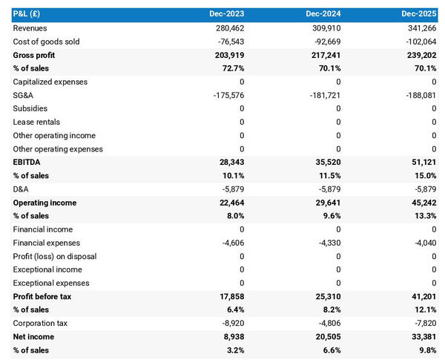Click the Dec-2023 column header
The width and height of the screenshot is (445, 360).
click(x=226, y=14)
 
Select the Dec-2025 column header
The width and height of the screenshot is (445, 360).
click(x=419, y=14)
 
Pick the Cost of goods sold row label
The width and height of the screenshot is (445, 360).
click(x=46, y=42)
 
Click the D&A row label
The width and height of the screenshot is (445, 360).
click(x=22, y=189)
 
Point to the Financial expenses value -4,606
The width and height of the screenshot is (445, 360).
click(x=230, y=243)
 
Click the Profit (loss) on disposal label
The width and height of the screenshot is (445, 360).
click(x=54, y=256)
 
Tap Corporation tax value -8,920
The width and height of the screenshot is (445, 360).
click(x=230, y=324)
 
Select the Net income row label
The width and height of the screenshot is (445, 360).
click(x=34, y=337)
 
